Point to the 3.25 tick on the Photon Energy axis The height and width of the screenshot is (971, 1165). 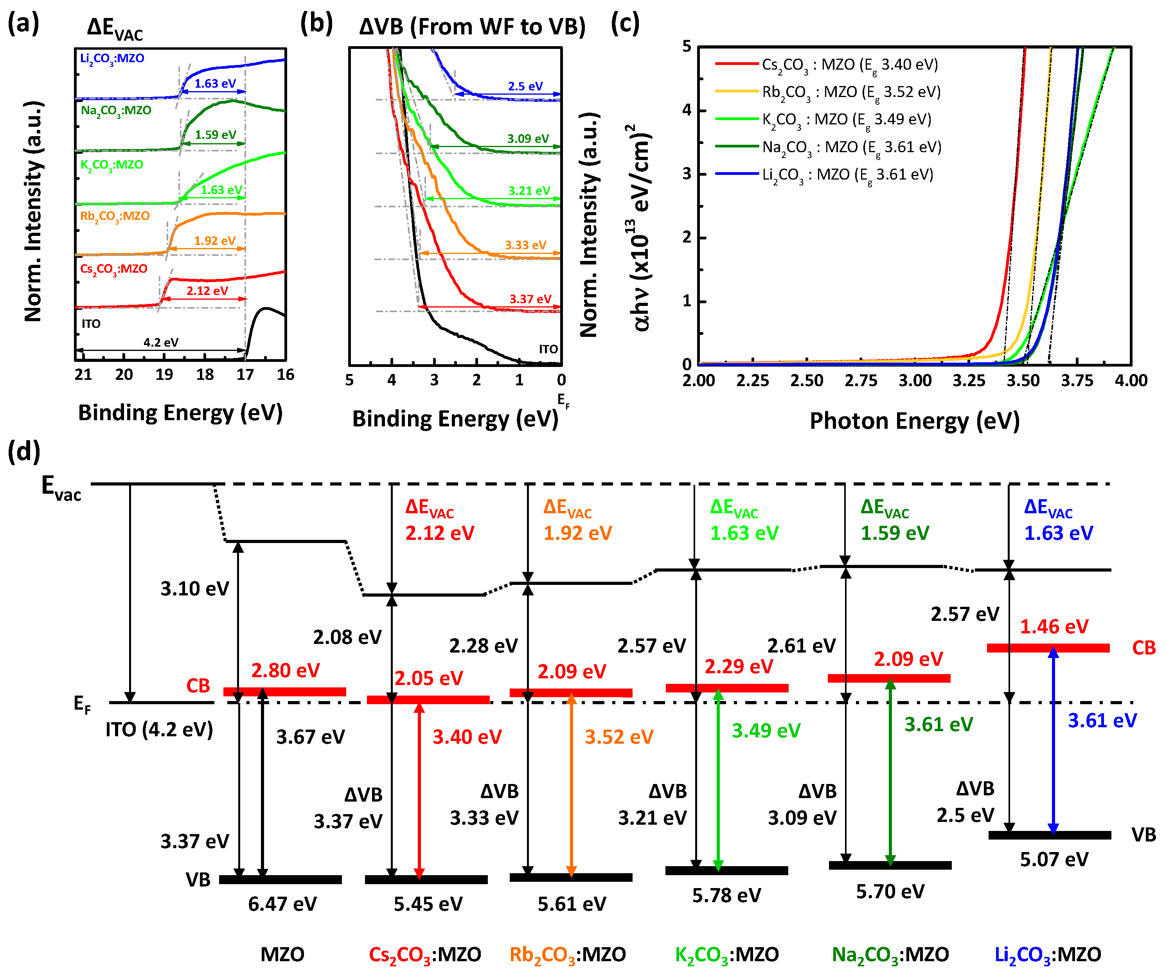969,381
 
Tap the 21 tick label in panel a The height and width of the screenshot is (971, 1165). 83,375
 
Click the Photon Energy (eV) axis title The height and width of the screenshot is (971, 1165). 914,421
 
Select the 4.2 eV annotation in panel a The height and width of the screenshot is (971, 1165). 161,342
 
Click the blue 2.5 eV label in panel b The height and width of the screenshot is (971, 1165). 525,86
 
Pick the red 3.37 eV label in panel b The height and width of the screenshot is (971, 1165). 530,299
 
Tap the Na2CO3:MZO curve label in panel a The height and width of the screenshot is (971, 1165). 116,110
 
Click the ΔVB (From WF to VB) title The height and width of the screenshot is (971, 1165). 472,27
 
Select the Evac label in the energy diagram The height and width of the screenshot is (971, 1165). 61,488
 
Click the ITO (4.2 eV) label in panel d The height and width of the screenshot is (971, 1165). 159,729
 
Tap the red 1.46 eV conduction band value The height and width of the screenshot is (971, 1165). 1054,626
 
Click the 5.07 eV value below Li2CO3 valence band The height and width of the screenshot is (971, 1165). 1054,860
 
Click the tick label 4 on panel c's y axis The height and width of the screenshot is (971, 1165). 687,110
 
